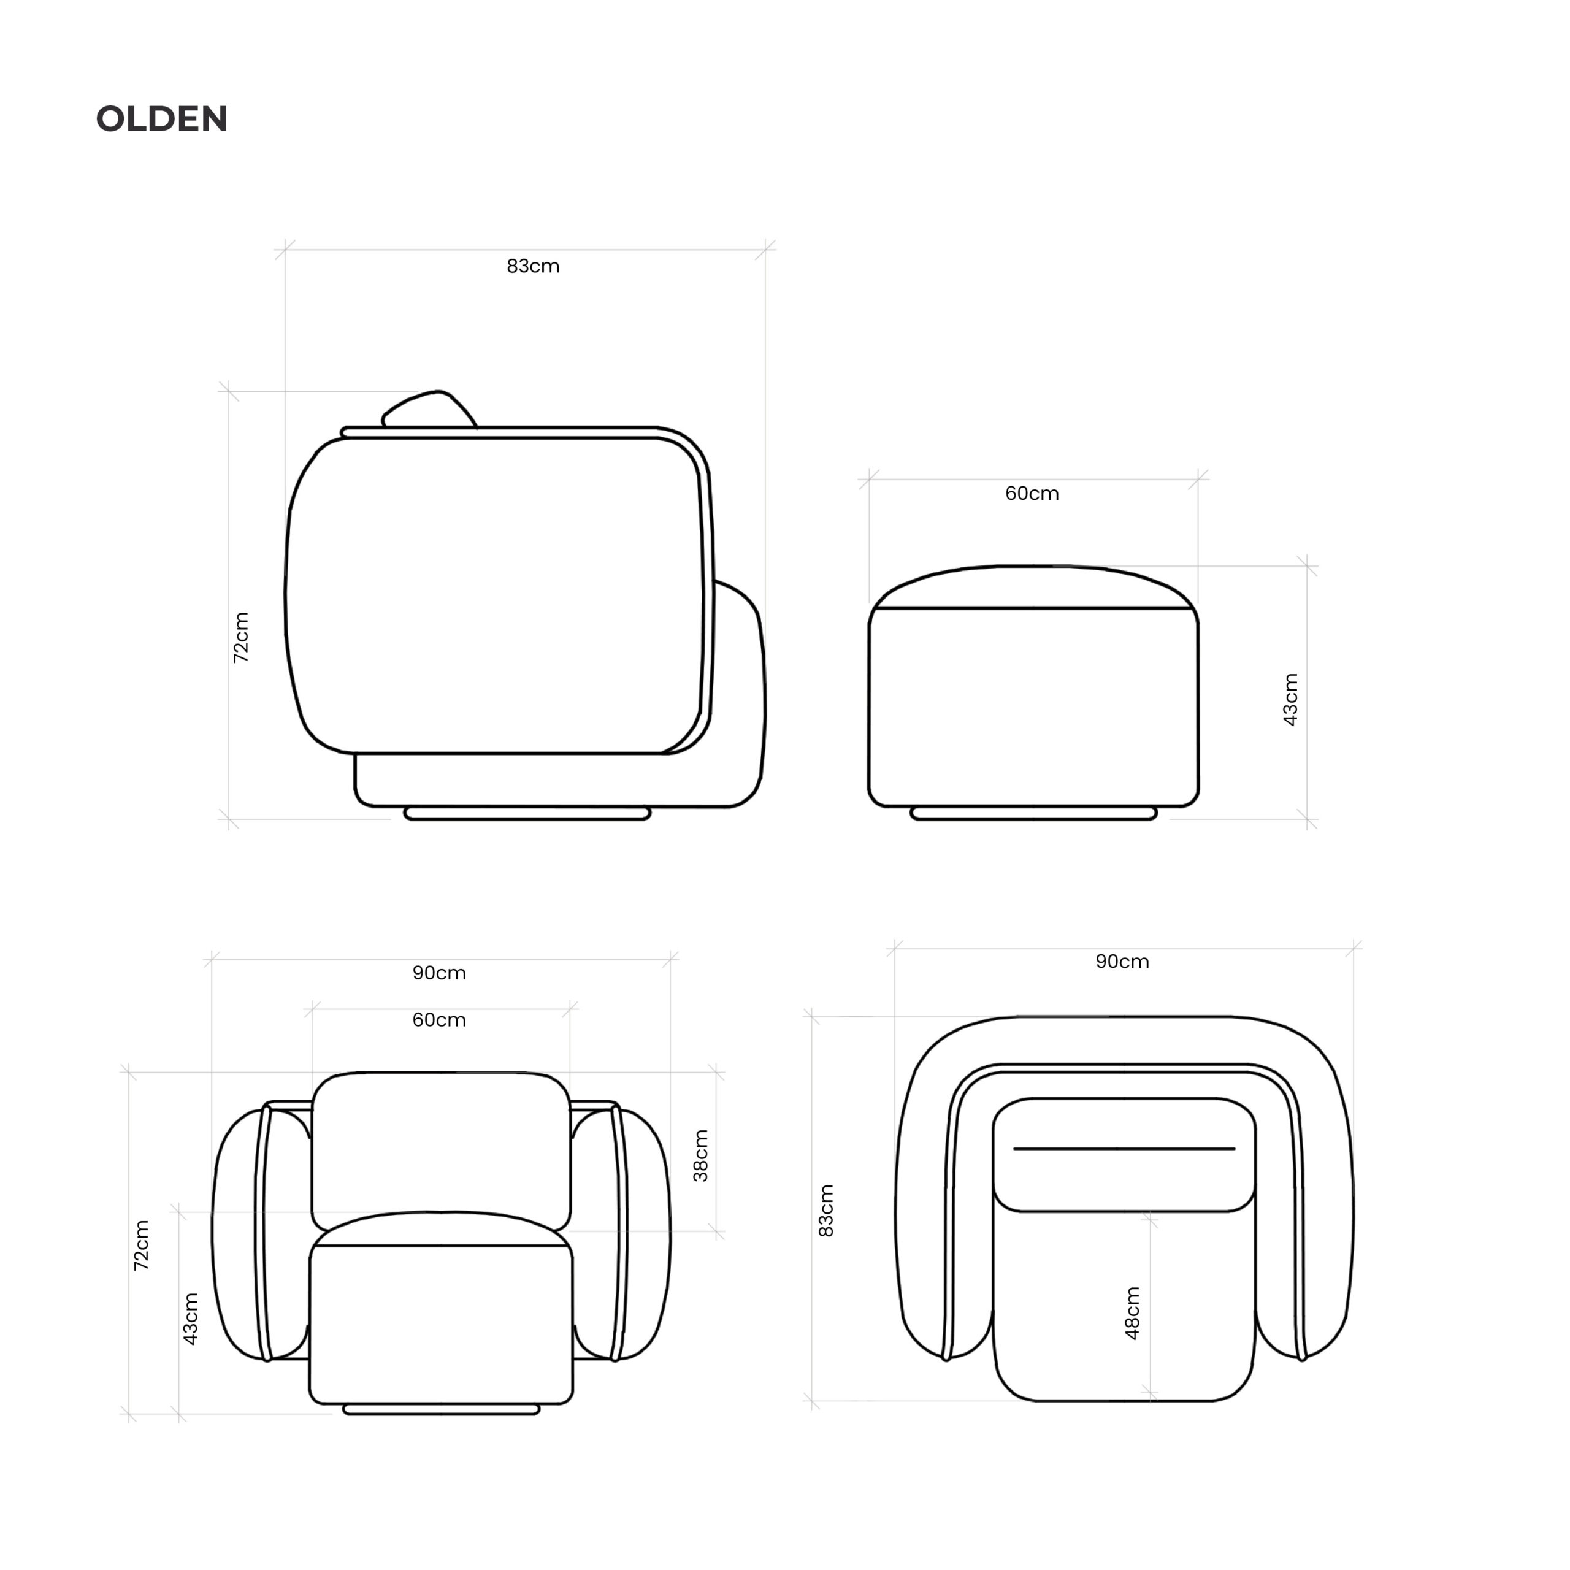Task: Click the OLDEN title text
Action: [163, 120]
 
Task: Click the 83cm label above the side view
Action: [533, 267]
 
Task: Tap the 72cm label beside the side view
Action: [242, 638]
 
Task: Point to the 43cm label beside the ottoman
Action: [1290, 700]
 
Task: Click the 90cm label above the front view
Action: [439, 973]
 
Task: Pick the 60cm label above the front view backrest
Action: [439, 1020]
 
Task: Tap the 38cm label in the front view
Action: [700, 1155]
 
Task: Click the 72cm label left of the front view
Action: [142, 1245]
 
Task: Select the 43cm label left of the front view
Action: [190, 1319]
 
